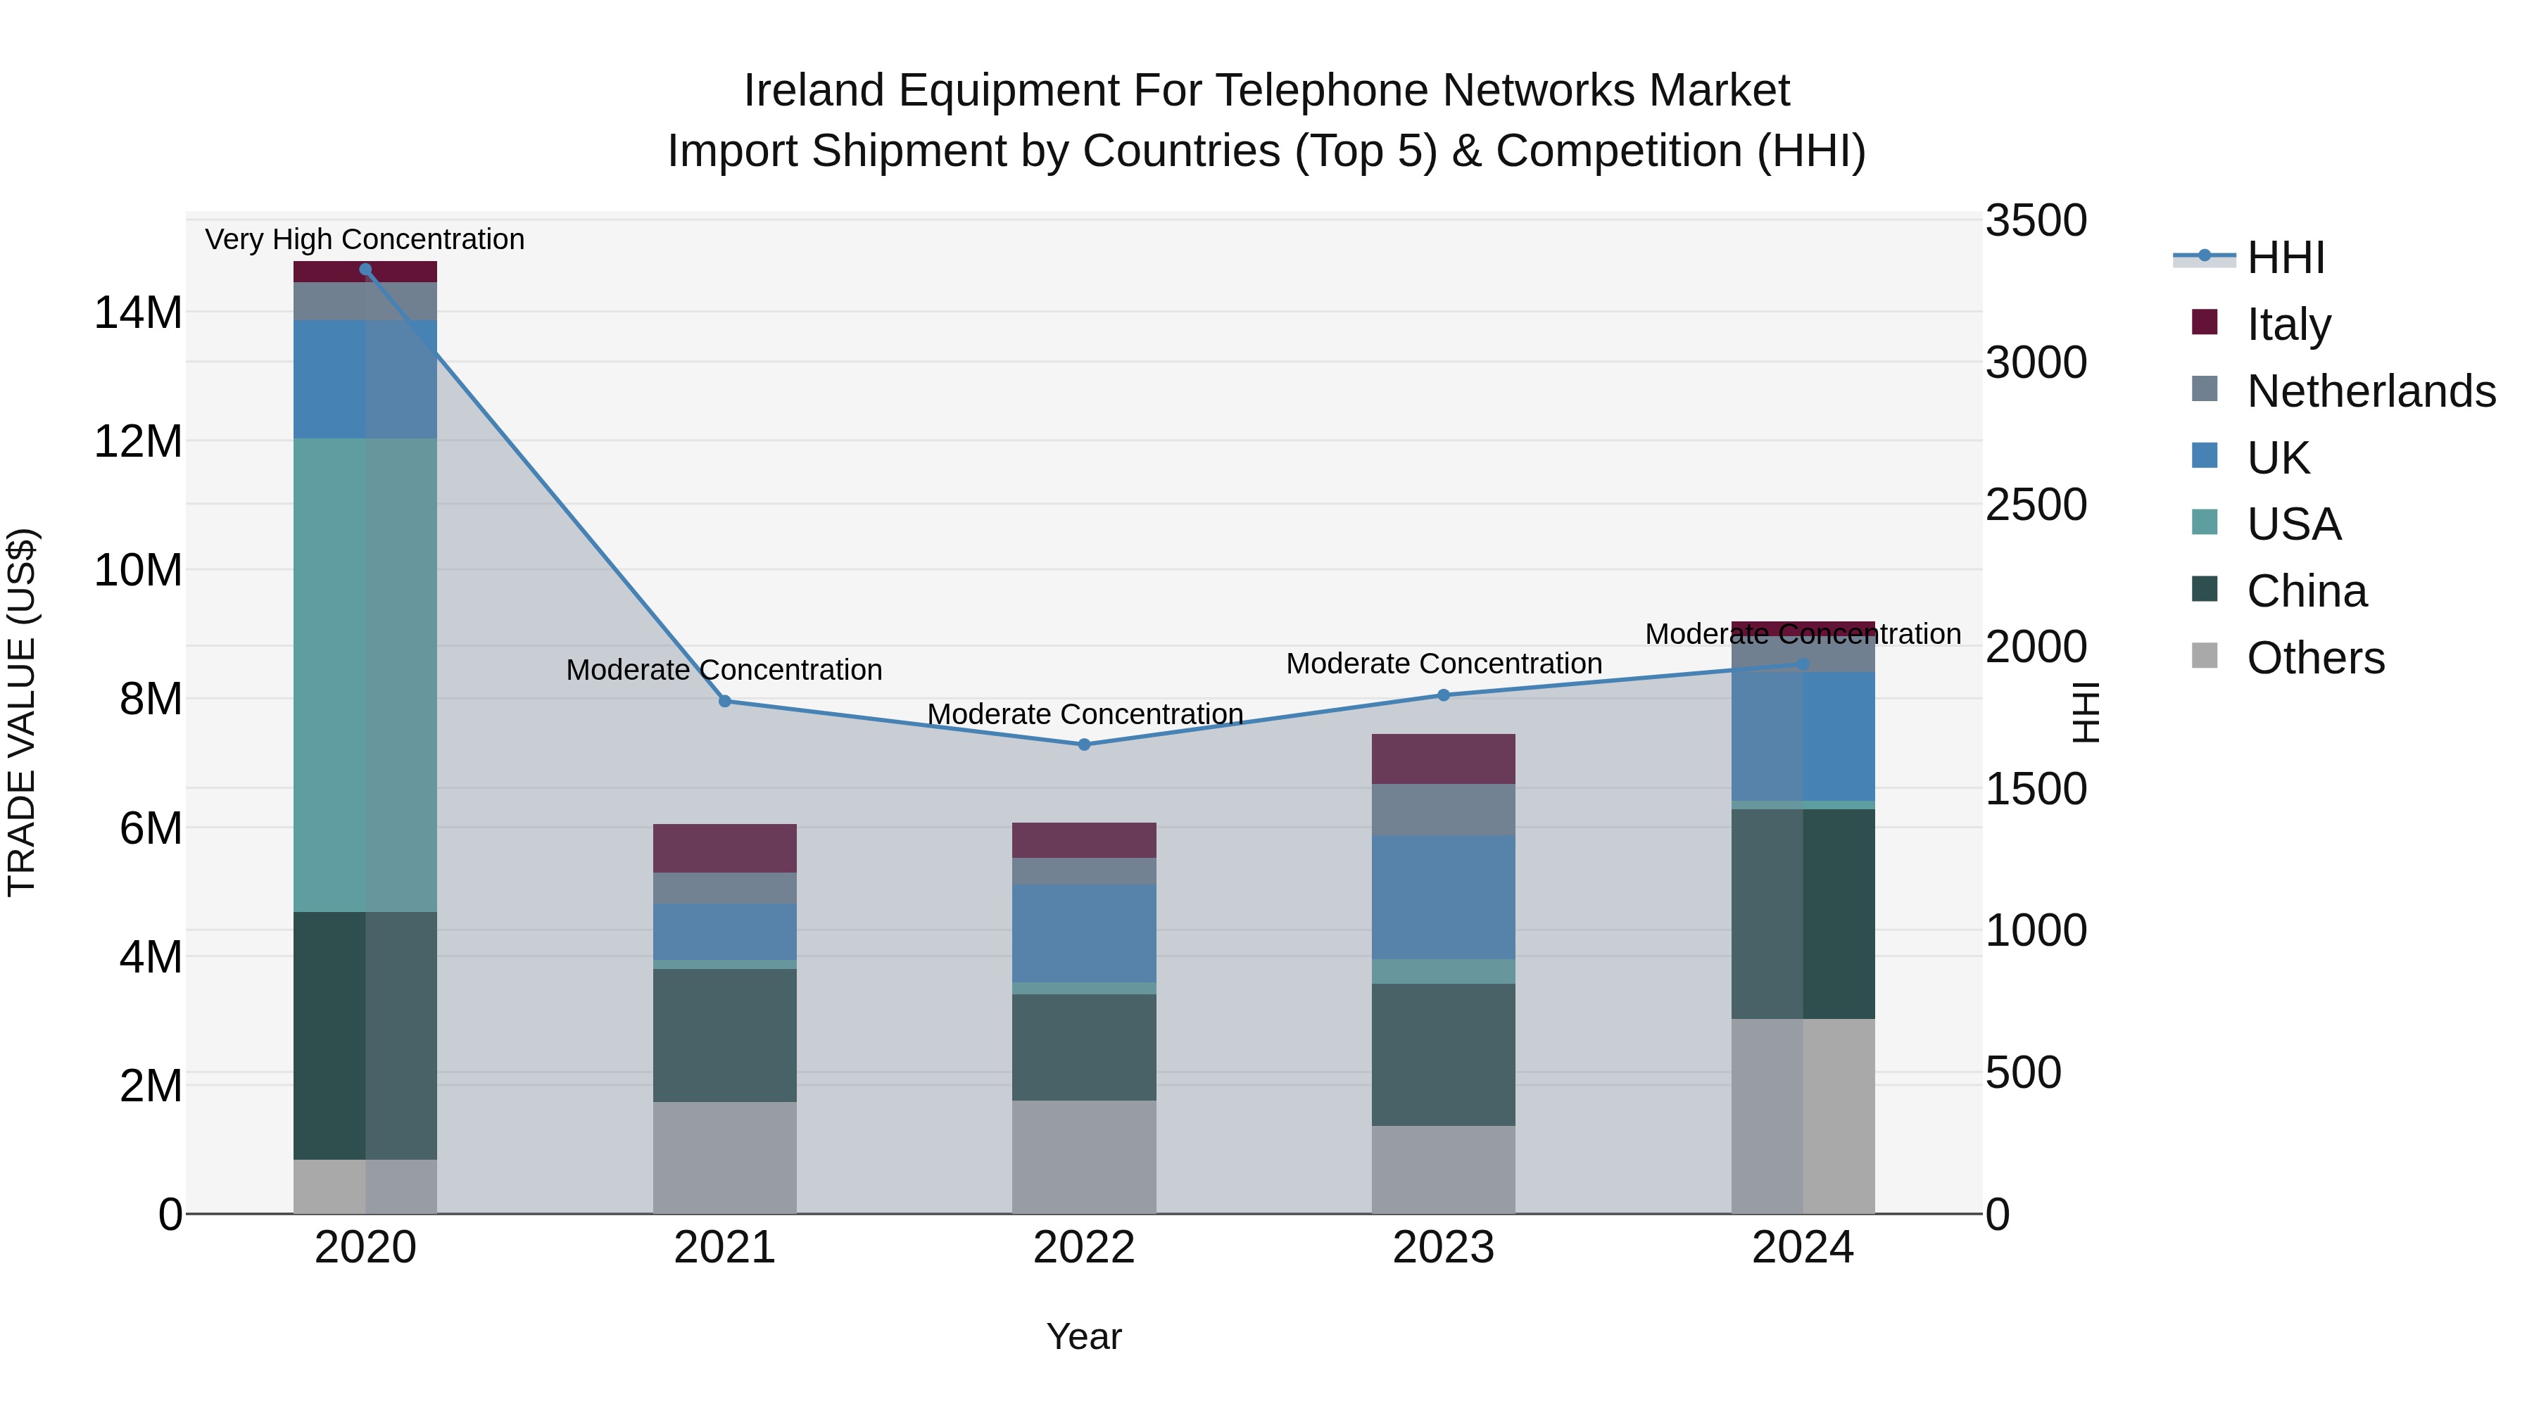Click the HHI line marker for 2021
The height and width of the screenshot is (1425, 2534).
point(725,701)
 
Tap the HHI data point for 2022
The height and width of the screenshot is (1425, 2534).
point(1084,745)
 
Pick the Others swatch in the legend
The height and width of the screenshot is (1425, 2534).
point(2205,656)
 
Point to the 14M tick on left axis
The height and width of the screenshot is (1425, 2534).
point(138,312)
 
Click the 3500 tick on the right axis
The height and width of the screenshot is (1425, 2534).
point(2035,220)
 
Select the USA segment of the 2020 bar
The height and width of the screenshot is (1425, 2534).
point(365,675)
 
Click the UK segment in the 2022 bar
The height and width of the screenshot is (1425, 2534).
point(1084,932)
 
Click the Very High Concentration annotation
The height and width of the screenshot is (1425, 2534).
point(365,239)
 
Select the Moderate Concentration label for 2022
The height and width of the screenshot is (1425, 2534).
point(1084,714)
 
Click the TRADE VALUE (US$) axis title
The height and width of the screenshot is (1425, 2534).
point(22,712)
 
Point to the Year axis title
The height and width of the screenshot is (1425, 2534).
point(1084,1336)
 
